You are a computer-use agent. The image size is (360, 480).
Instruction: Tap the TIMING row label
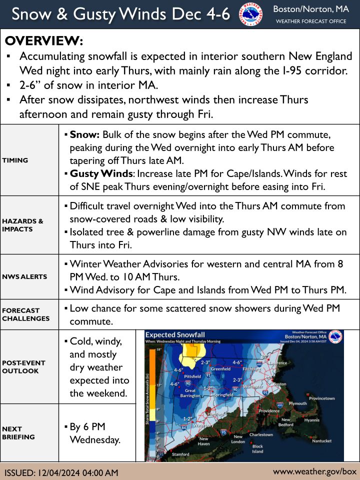point(15,160)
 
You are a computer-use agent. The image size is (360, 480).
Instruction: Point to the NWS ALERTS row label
point(24,276)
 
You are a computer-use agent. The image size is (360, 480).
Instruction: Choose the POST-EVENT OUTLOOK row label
point(24,366)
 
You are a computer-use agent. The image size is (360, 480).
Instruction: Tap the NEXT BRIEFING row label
point(18,432)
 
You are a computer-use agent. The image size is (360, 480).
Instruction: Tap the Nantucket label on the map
point(321,441)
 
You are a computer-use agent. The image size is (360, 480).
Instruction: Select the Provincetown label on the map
point(321,398)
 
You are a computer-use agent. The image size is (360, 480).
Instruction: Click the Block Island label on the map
point(257,448)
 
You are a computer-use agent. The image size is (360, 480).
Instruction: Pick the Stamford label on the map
point(180,454)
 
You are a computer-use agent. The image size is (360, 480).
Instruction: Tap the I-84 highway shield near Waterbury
point(183,427)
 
